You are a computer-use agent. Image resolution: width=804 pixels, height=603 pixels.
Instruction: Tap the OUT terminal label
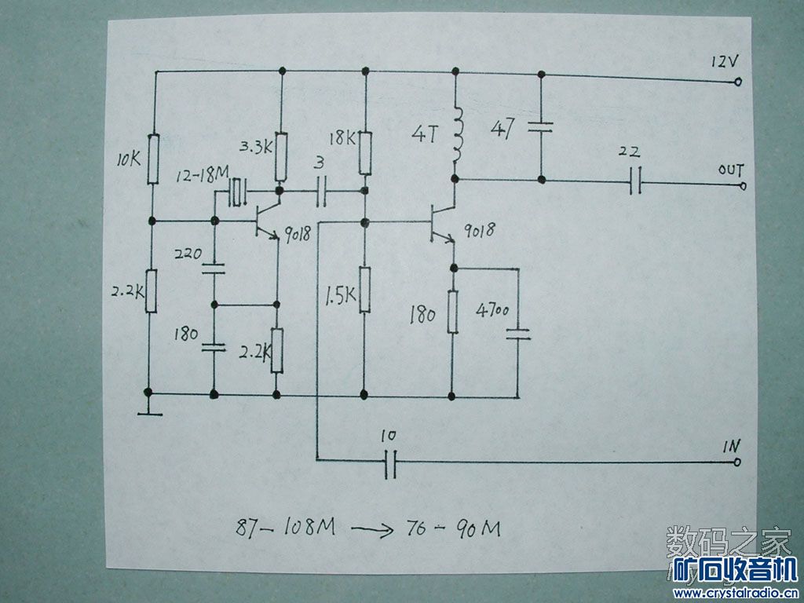point(729,170)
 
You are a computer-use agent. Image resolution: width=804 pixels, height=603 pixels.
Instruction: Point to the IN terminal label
point(731,448)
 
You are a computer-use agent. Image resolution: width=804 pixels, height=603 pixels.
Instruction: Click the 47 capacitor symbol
point(540,126)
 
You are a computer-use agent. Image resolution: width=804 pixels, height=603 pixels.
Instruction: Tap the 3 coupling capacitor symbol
point(321,191)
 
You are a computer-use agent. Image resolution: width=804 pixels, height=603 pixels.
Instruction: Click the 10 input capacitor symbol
point(389,465)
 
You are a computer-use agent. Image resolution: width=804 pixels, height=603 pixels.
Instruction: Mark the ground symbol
point(148,410)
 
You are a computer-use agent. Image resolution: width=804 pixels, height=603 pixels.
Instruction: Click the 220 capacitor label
point(189,254)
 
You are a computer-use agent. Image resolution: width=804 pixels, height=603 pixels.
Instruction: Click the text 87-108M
point(286,527)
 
